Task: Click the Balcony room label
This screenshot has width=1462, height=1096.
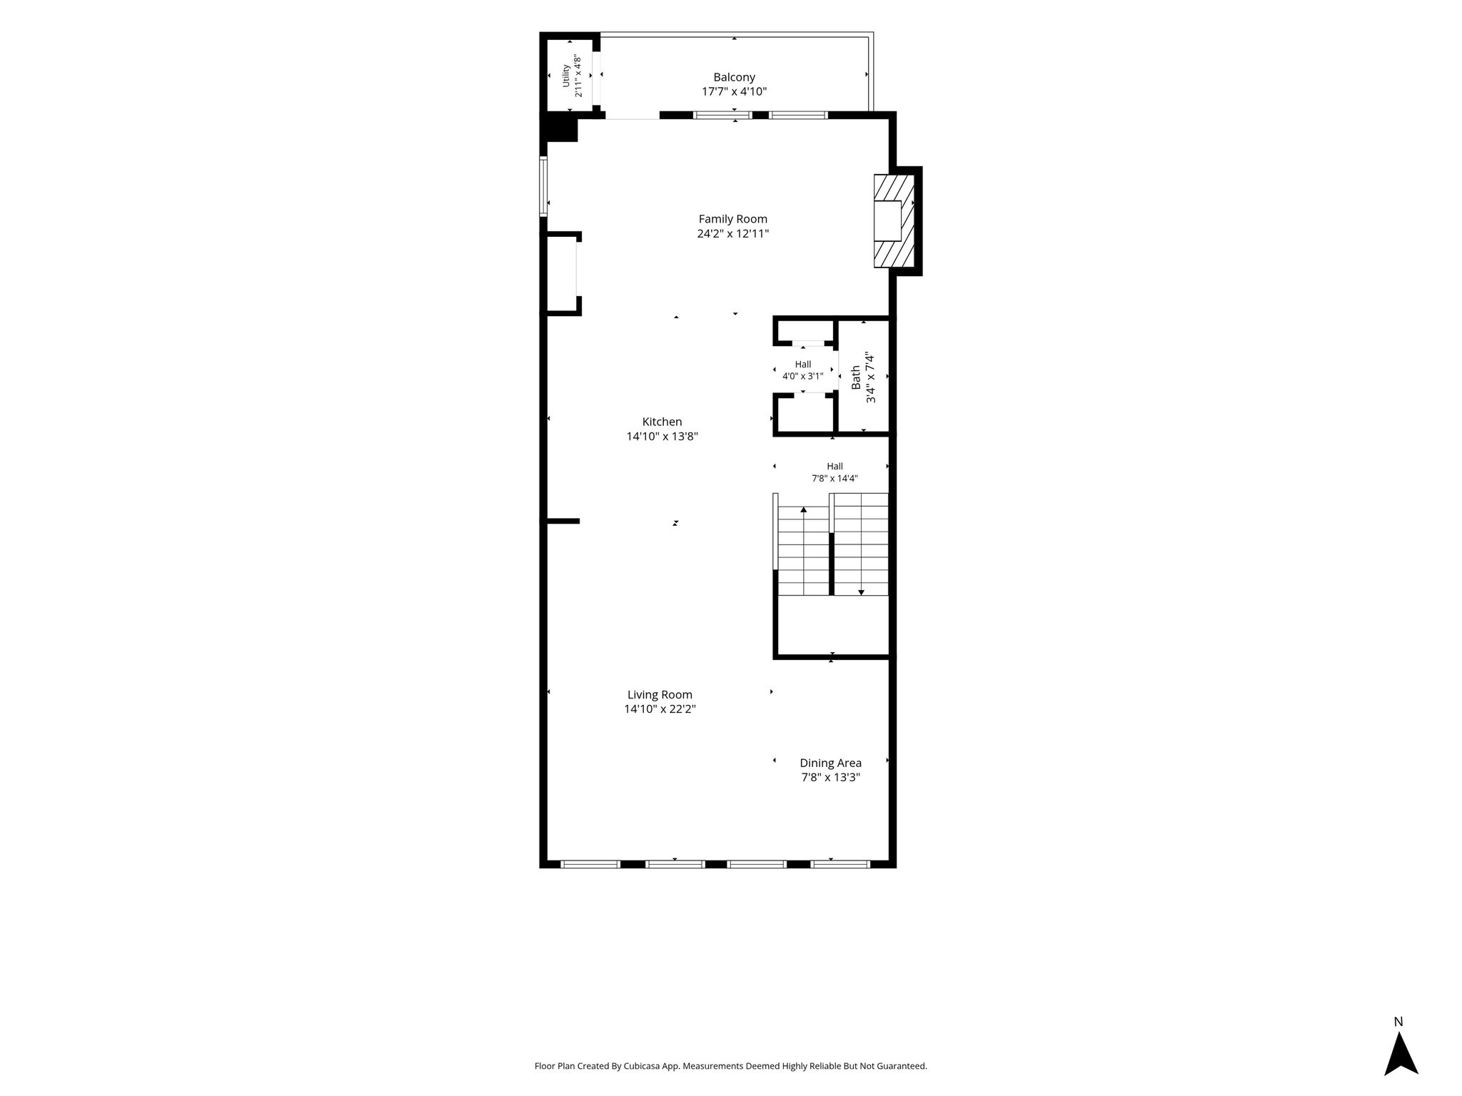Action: pyautogui.click(x=734, y=77)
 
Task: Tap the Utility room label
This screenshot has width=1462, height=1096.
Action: pyautogui.click(x=566, y=76)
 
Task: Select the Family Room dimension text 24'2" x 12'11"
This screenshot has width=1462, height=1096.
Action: pyautogui.click(x=733, y=234)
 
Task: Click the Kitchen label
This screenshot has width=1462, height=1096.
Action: pyautogui.click(x=662, y=422)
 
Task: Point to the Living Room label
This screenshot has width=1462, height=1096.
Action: pyautogui.click(x=660, y=694)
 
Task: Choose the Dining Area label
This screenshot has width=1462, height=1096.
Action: pyautogui.click(x=830, y=763)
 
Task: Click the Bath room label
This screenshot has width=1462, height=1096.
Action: pyautogui.click(x=856, y=378)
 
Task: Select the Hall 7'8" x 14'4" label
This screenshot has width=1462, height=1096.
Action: pyautogui.click(x=835, y=472)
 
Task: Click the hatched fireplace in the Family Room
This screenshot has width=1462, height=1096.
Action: pyautogui.click(x=894, y=221)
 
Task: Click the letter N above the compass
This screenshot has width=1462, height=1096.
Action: pyautogui.click(x=1398, y=1022)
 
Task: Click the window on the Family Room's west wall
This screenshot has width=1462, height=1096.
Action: pyautogui.click(x=543, y=186)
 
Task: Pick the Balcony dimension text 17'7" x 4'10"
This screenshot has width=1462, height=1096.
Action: pyautogui.click(x=734, y=91)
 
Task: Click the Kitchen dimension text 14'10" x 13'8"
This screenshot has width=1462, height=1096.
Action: pyautogui.click(x=662, y=437)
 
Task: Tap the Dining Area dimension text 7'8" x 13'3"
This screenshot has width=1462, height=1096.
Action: pyautogui.click(x=830, y=778)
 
